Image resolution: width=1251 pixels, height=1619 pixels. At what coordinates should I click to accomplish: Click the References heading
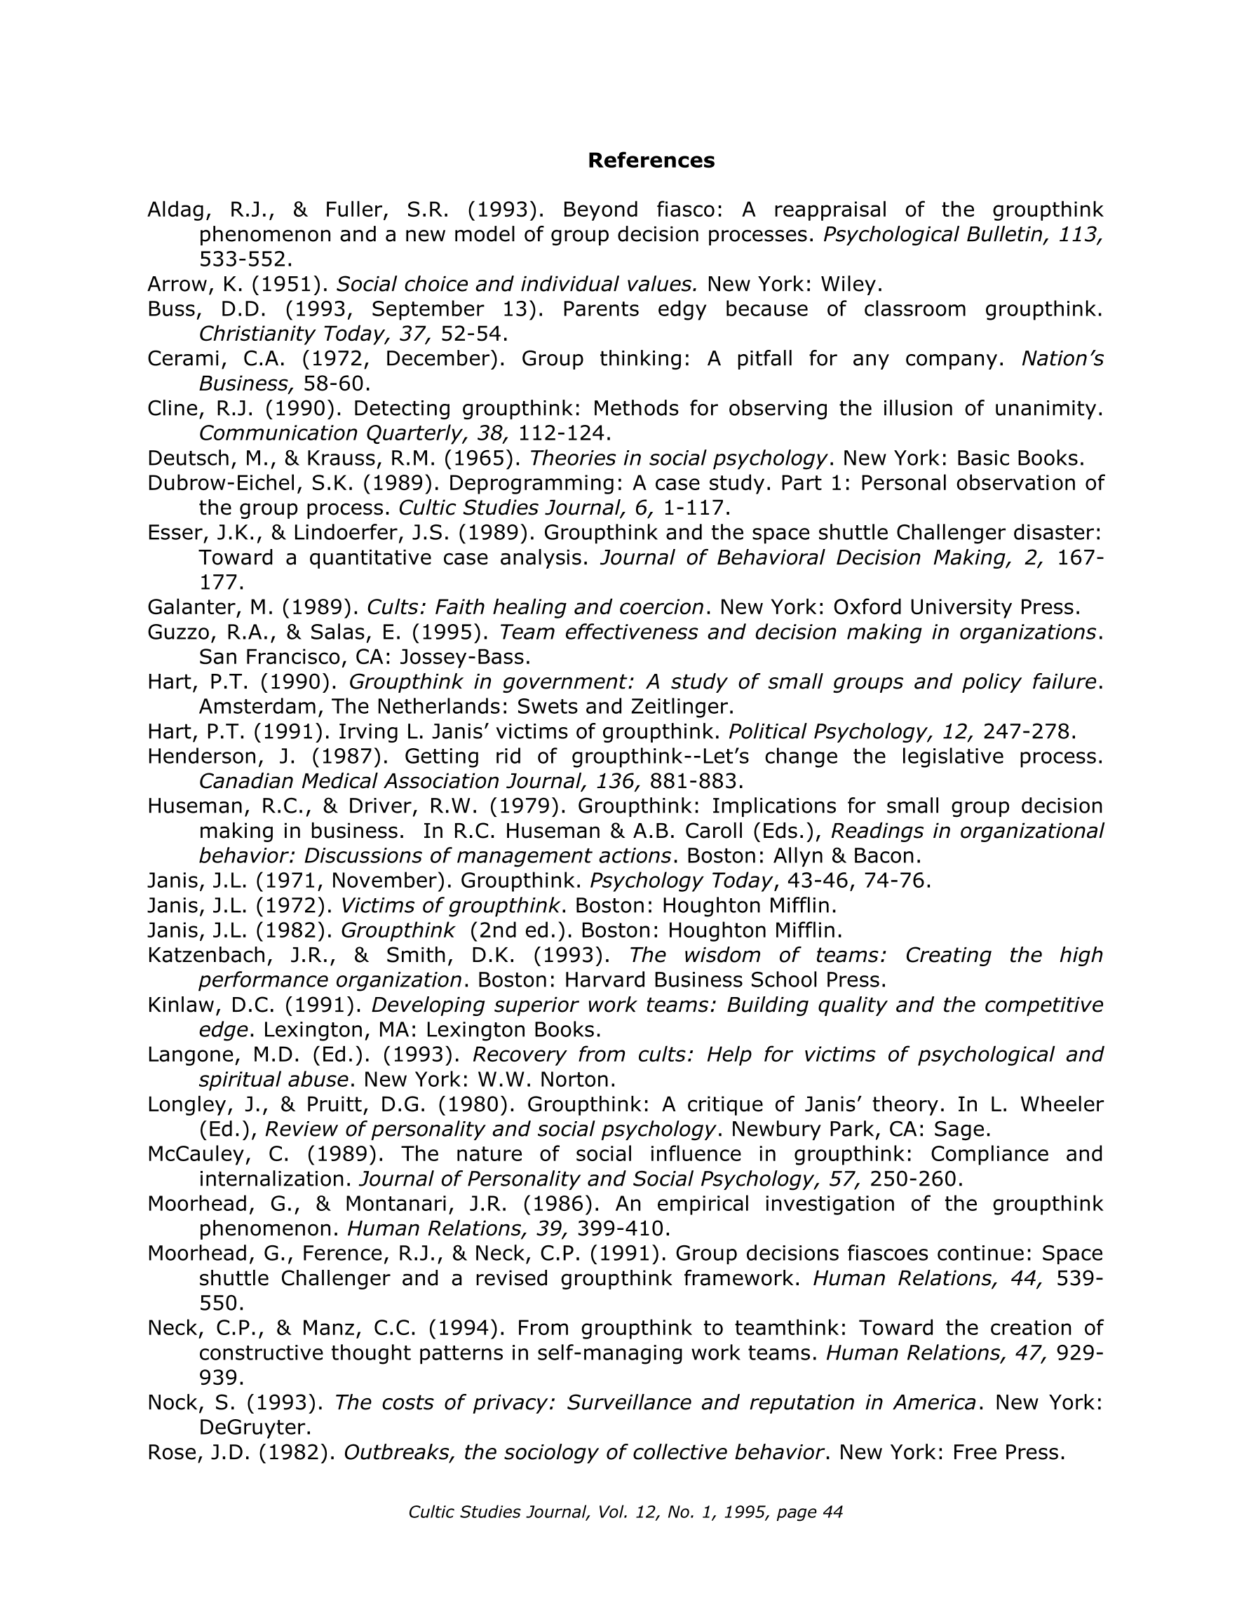pos(650,160)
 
